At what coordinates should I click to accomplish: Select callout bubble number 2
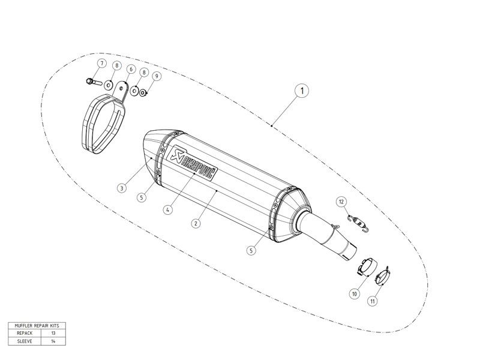click(x=196, y=223)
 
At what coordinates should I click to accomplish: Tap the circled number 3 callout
click(x=122, y=188)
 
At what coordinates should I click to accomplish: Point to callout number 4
click(x=169, y=210)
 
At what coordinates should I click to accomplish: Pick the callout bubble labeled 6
click(x=130, y=69)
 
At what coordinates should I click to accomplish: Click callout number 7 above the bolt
click(x=102, y=64)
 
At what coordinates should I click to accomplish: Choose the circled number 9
click(x=156, y=76)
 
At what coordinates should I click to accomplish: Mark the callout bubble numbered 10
click(x=355, y=294)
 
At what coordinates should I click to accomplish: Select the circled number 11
click(x=373, y=301)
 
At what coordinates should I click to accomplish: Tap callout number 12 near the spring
click(x=341, y=201)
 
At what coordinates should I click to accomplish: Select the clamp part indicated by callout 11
click(x=385, y=277)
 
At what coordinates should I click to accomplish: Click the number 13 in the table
click(x=53, y=332)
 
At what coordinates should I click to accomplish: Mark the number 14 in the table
click(x=53, y=340)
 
